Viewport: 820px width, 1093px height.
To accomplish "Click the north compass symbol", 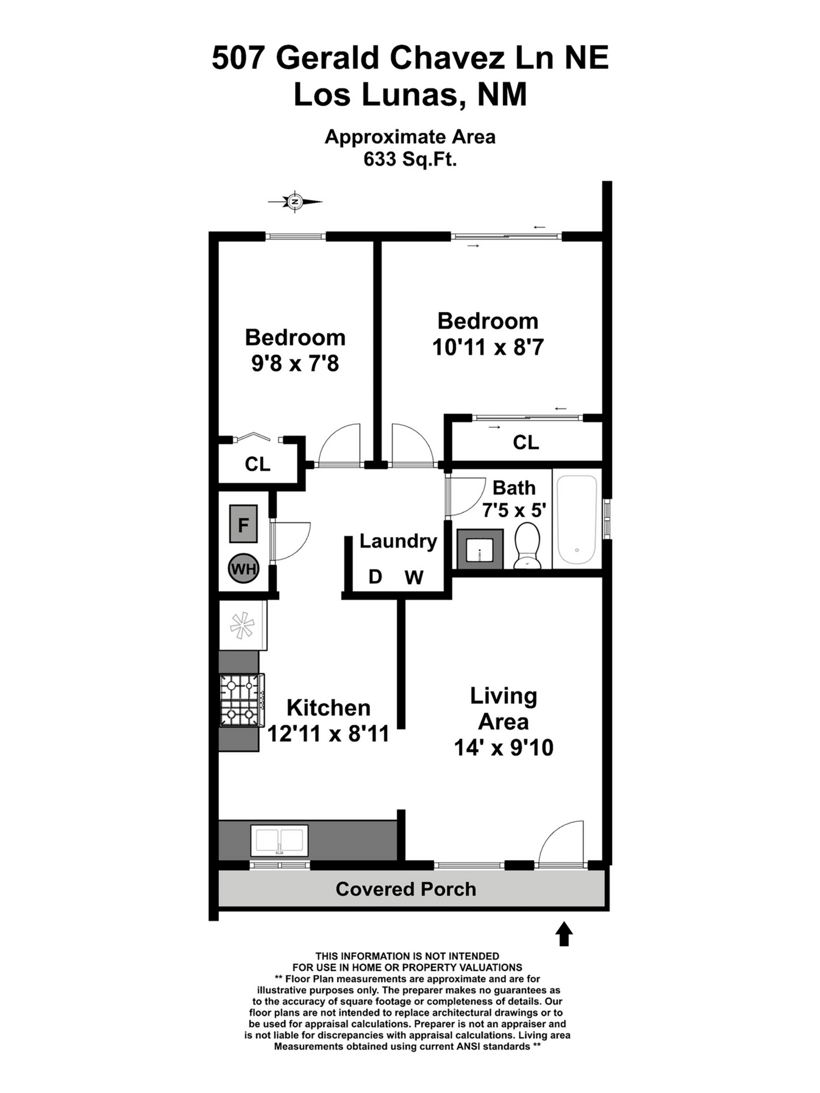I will (295, 202).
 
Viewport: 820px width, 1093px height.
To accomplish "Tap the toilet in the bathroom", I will (528, 545).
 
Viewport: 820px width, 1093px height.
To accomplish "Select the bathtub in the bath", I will (577, 519).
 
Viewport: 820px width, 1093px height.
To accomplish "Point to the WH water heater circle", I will (243, 569).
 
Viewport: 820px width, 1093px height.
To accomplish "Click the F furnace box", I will (243, 525).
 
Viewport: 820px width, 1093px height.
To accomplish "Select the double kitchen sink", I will (279, 840).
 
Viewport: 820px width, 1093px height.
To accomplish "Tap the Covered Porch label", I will (406, 889).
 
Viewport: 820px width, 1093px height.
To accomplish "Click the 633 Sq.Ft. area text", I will (410, 160).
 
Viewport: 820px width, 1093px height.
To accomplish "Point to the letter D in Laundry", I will (375, 577).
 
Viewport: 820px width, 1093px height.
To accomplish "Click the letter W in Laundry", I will (414, 577).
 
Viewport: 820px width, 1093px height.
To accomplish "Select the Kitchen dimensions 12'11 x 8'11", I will (328, 734).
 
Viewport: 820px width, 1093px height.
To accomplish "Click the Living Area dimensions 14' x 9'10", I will (503, 748).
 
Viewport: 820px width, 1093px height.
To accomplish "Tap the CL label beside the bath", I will (525, 442).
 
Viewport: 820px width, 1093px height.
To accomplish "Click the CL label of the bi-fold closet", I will (257, 464).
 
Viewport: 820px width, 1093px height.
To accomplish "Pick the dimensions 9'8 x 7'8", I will (295, 363).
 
